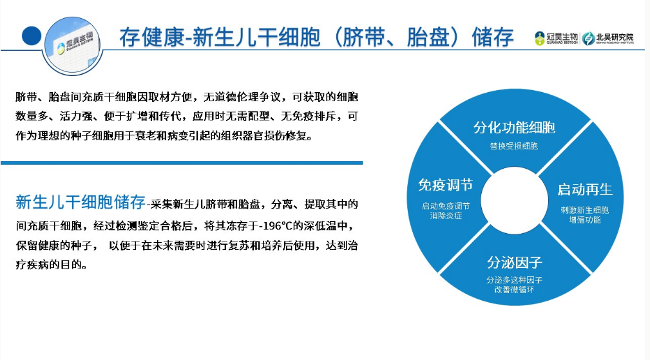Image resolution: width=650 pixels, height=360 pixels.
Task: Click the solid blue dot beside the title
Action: (32, 35)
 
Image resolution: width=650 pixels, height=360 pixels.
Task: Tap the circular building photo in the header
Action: (73, 46)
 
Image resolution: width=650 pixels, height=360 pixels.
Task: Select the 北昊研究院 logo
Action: (607, 38)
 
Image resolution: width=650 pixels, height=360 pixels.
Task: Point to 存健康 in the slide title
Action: (151, 37)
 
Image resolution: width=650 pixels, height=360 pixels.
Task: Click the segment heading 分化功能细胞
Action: (514, 127)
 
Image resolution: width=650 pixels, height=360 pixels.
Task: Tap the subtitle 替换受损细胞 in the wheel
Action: (514, 146)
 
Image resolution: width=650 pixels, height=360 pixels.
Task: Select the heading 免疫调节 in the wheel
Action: (446, 185)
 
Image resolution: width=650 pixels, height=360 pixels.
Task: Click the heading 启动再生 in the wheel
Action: (585, 189)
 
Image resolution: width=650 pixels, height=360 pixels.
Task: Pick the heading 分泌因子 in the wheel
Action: (515, 262)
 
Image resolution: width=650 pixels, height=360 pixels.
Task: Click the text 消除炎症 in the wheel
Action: (446, 215)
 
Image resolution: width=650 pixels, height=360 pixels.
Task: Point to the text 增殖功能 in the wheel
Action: (584, 220)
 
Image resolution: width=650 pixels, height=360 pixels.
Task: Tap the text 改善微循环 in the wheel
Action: (515, 289)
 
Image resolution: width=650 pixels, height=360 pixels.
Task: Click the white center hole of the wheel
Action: (515, 200)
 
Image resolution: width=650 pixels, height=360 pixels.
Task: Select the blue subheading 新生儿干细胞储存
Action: (81, 202)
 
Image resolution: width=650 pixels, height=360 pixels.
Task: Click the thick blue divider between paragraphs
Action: (182, 163)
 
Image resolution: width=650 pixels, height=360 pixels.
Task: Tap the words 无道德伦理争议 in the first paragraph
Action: (242, 97)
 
